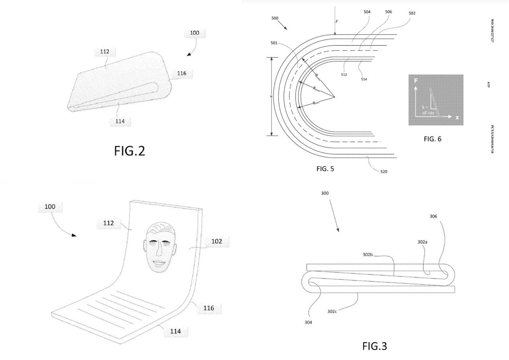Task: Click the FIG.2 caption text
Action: (130, 151)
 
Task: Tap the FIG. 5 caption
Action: (325, 169)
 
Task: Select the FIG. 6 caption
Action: (432, 139)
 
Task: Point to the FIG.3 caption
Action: (374, 346)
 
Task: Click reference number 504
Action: (367, 12)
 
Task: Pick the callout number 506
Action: (389, 12)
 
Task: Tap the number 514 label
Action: (363, 79)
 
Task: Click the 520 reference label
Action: (383, 172)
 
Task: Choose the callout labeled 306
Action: (433, 216)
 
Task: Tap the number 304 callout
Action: (308, 322)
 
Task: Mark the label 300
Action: (325, 193)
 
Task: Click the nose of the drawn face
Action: (158, 250)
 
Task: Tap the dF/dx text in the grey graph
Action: (428, 113)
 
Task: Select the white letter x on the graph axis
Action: (457, 117)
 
